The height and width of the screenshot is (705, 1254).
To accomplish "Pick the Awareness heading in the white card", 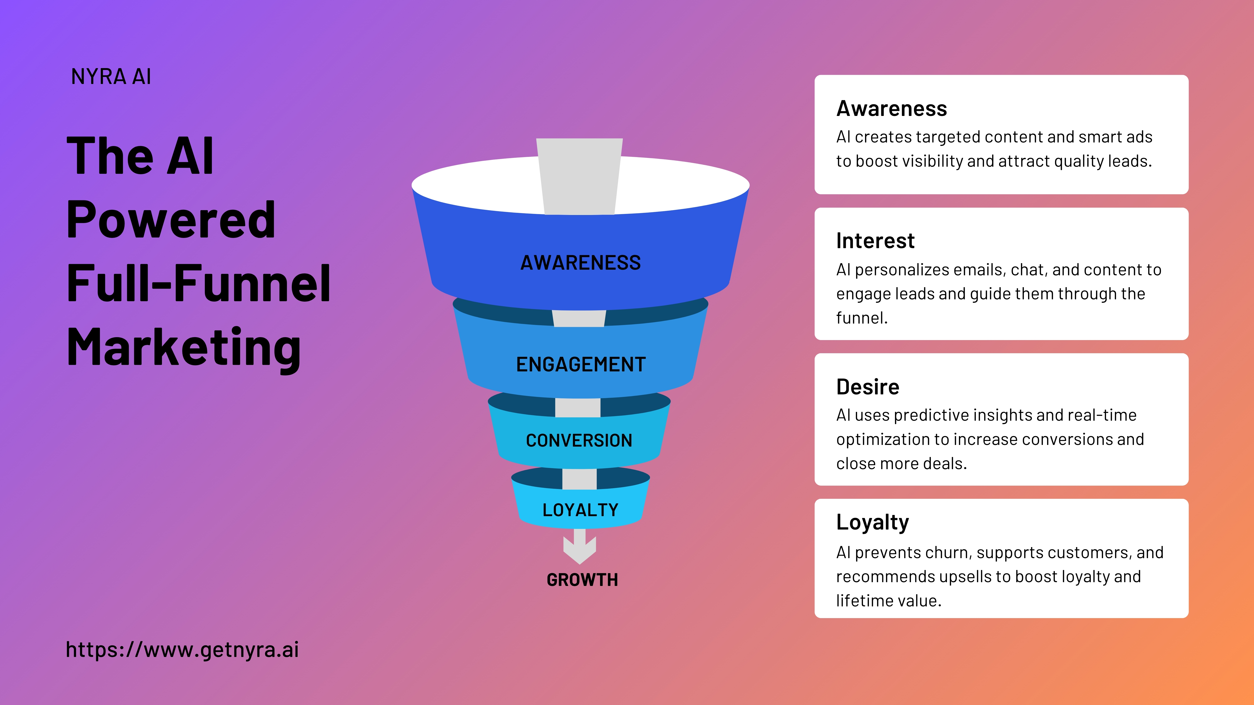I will click(891, 108).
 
